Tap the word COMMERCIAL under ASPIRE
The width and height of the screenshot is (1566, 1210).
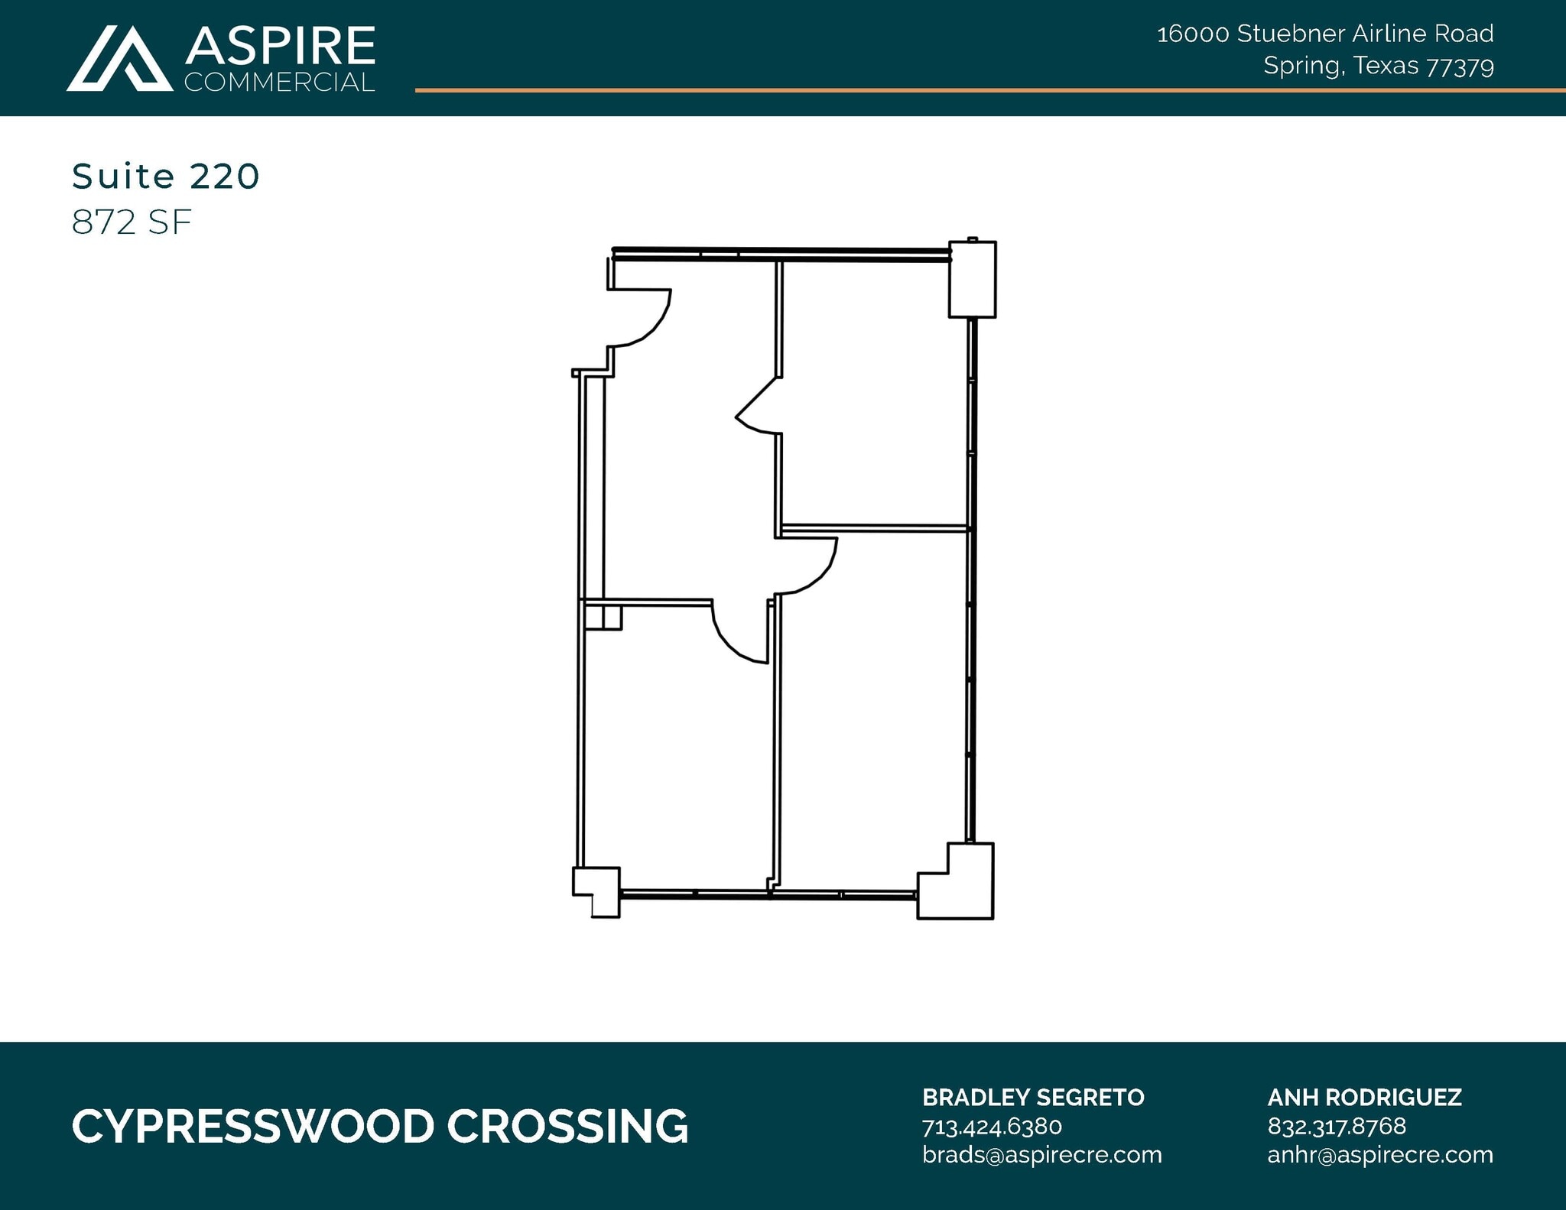point(280,82)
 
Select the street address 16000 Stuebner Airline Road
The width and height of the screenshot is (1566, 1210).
point(1324,34)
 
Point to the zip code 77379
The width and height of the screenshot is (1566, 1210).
point(1460,67)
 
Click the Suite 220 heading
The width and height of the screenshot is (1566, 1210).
point(166,177)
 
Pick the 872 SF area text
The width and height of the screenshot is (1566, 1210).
point(132,222)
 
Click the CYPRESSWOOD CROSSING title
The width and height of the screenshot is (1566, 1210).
point(380,1127)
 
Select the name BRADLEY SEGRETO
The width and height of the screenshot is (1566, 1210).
point(1033,1098)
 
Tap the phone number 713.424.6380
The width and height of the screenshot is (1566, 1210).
point(992,1127)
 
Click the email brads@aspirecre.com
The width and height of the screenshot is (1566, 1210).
point(1041,1154)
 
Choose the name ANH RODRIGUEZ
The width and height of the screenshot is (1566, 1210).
point(1364,1098)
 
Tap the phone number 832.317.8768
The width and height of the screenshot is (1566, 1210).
point(1337,1127)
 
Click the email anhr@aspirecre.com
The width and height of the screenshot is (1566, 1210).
point(1380,1154)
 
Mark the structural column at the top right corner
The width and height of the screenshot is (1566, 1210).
point(972,279)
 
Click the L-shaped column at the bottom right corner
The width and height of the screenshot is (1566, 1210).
point(960,887)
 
